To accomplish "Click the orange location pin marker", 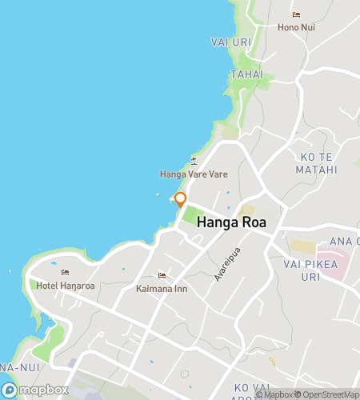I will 180,199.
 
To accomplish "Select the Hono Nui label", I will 296,27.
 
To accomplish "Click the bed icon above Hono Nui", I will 296,14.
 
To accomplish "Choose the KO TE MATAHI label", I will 319,162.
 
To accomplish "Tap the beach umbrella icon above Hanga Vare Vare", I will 194,161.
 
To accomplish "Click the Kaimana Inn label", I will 162,289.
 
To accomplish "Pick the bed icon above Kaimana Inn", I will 162,276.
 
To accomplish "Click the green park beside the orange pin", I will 192,214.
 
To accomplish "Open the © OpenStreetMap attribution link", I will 328,394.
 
